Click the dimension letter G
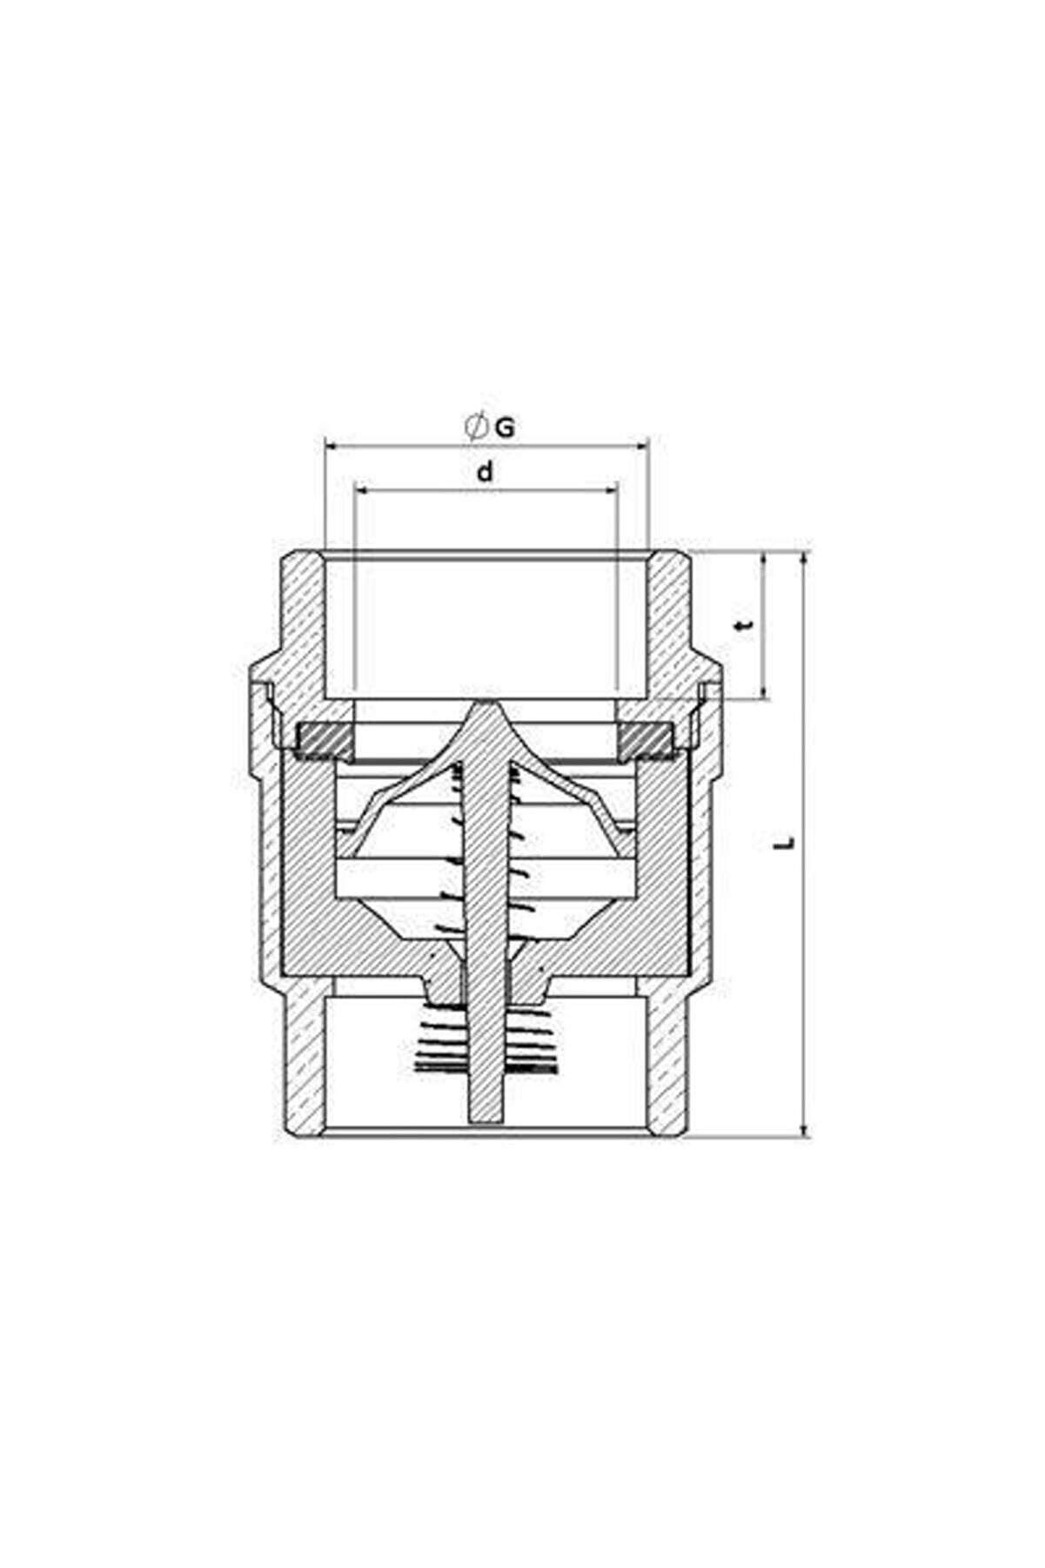pos(505,427)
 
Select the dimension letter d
pos(485,472)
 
